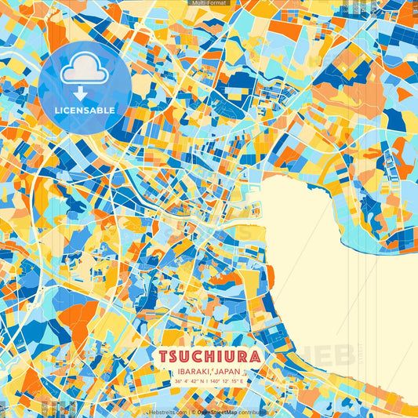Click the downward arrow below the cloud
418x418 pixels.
tap(81, 92)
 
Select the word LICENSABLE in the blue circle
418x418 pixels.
tap(85, 111)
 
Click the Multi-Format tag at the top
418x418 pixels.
tap(209, 4)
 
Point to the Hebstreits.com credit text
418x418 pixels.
tap(168, 411)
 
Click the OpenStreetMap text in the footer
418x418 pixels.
tap(219, 411)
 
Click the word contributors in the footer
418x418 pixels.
tap(256, 411)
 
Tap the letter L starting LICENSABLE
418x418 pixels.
tap(57, 111)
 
